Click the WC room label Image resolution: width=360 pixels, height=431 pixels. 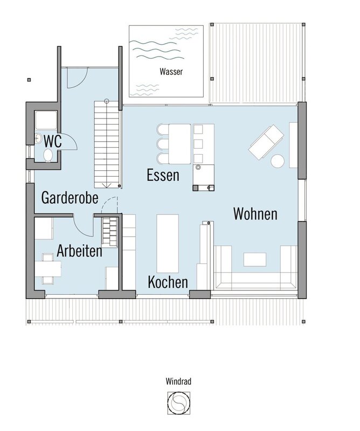(x=53, y=141)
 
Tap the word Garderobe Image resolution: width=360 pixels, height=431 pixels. (x=70, y=198)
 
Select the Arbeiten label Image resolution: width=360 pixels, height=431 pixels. (x=79, y=251)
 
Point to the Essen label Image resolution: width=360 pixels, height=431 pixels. (x=163, y=175)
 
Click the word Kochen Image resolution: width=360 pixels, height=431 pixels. (x=168, y=282)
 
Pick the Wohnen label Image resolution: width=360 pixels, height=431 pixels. (x=255, y=214)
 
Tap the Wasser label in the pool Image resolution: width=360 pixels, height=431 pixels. (x=171, y=72)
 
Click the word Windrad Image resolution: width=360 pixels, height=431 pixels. (x=178, y=381)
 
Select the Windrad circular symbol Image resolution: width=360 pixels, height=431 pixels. (x=179, y=403)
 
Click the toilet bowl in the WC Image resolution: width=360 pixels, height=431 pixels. (x=48, y=156)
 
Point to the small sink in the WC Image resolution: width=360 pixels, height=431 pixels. (x=38, y=137)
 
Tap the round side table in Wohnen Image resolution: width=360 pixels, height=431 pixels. (x=278, y=161)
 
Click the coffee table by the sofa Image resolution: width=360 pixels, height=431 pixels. (x=255, y=260)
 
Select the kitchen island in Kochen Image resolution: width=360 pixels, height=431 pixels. (x=168, y=244)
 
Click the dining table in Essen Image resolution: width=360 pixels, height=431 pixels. (x=180, y=144)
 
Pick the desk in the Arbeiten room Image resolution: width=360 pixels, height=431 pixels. (x=48, y=269)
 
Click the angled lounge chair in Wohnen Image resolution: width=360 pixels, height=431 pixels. (x=266, y=142)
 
